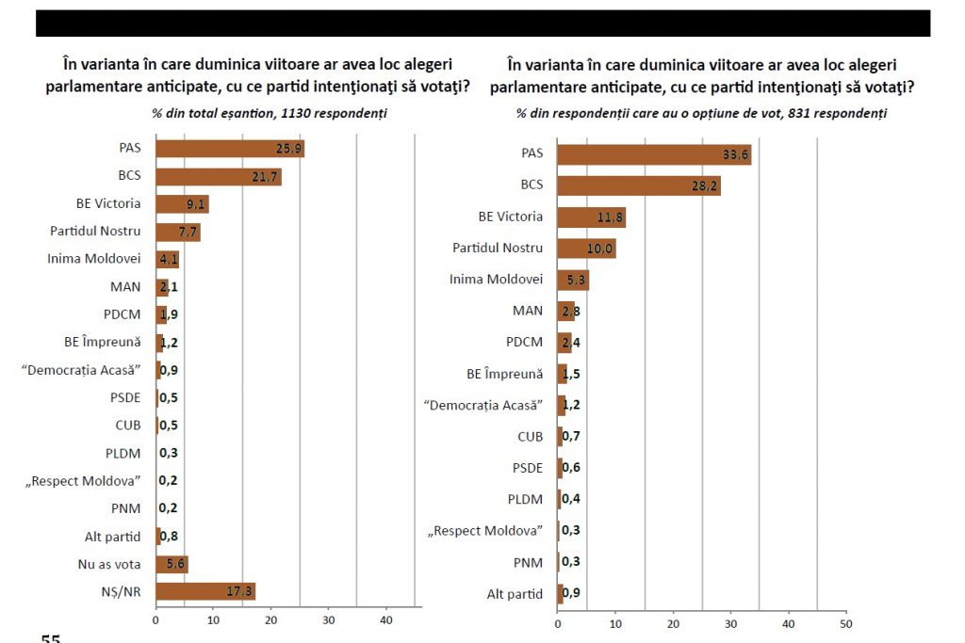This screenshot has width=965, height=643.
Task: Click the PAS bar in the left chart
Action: [230, 149]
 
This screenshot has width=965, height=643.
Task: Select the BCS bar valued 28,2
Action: [638, 185]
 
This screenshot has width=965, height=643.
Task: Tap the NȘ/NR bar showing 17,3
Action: [204, 591]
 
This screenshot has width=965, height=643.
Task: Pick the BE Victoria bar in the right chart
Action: [591, 217]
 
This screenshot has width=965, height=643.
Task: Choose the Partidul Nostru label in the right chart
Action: [498, 248]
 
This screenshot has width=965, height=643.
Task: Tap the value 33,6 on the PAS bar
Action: [736, 154]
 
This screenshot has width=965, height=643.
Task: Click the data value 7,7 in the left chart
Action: [188, 232]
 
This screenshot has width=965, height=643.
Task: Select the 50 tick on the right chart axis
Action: [845, 623]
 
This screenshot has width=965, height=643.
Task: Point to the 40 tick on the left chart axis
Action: [386, 621]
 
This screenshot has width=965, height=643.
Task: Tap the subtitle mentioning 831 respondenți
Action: [701, 114]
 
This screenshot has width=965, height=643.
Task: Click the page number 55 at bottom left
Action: [50, 638]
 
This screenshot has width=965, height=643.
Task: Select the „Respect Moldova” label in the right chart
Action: [485, 531]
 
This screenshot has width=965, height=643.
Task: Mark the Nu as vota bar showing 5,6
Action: [172, 564]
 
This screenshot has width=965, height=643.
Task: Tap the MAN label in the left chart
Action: [126, 287]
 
